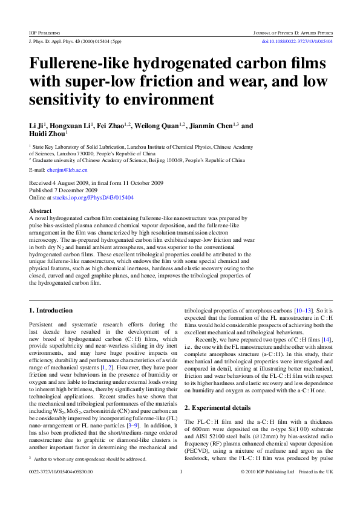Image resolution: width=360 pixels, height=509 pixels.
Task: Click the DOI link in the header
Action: (x=296, y=41)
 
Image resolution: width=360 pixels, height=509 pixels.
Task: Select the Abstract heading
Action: (x=41, y=211)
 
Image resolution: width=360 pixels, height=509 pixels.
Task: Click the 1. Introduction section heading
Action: (x=51, y=311)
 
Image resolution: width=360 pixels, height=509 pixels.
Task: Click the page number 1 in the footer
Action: (x=181, y=488)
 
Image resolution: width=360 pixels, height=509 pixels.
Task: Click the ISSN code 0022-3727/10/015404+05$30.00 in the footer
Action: (x=61, y=488)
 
